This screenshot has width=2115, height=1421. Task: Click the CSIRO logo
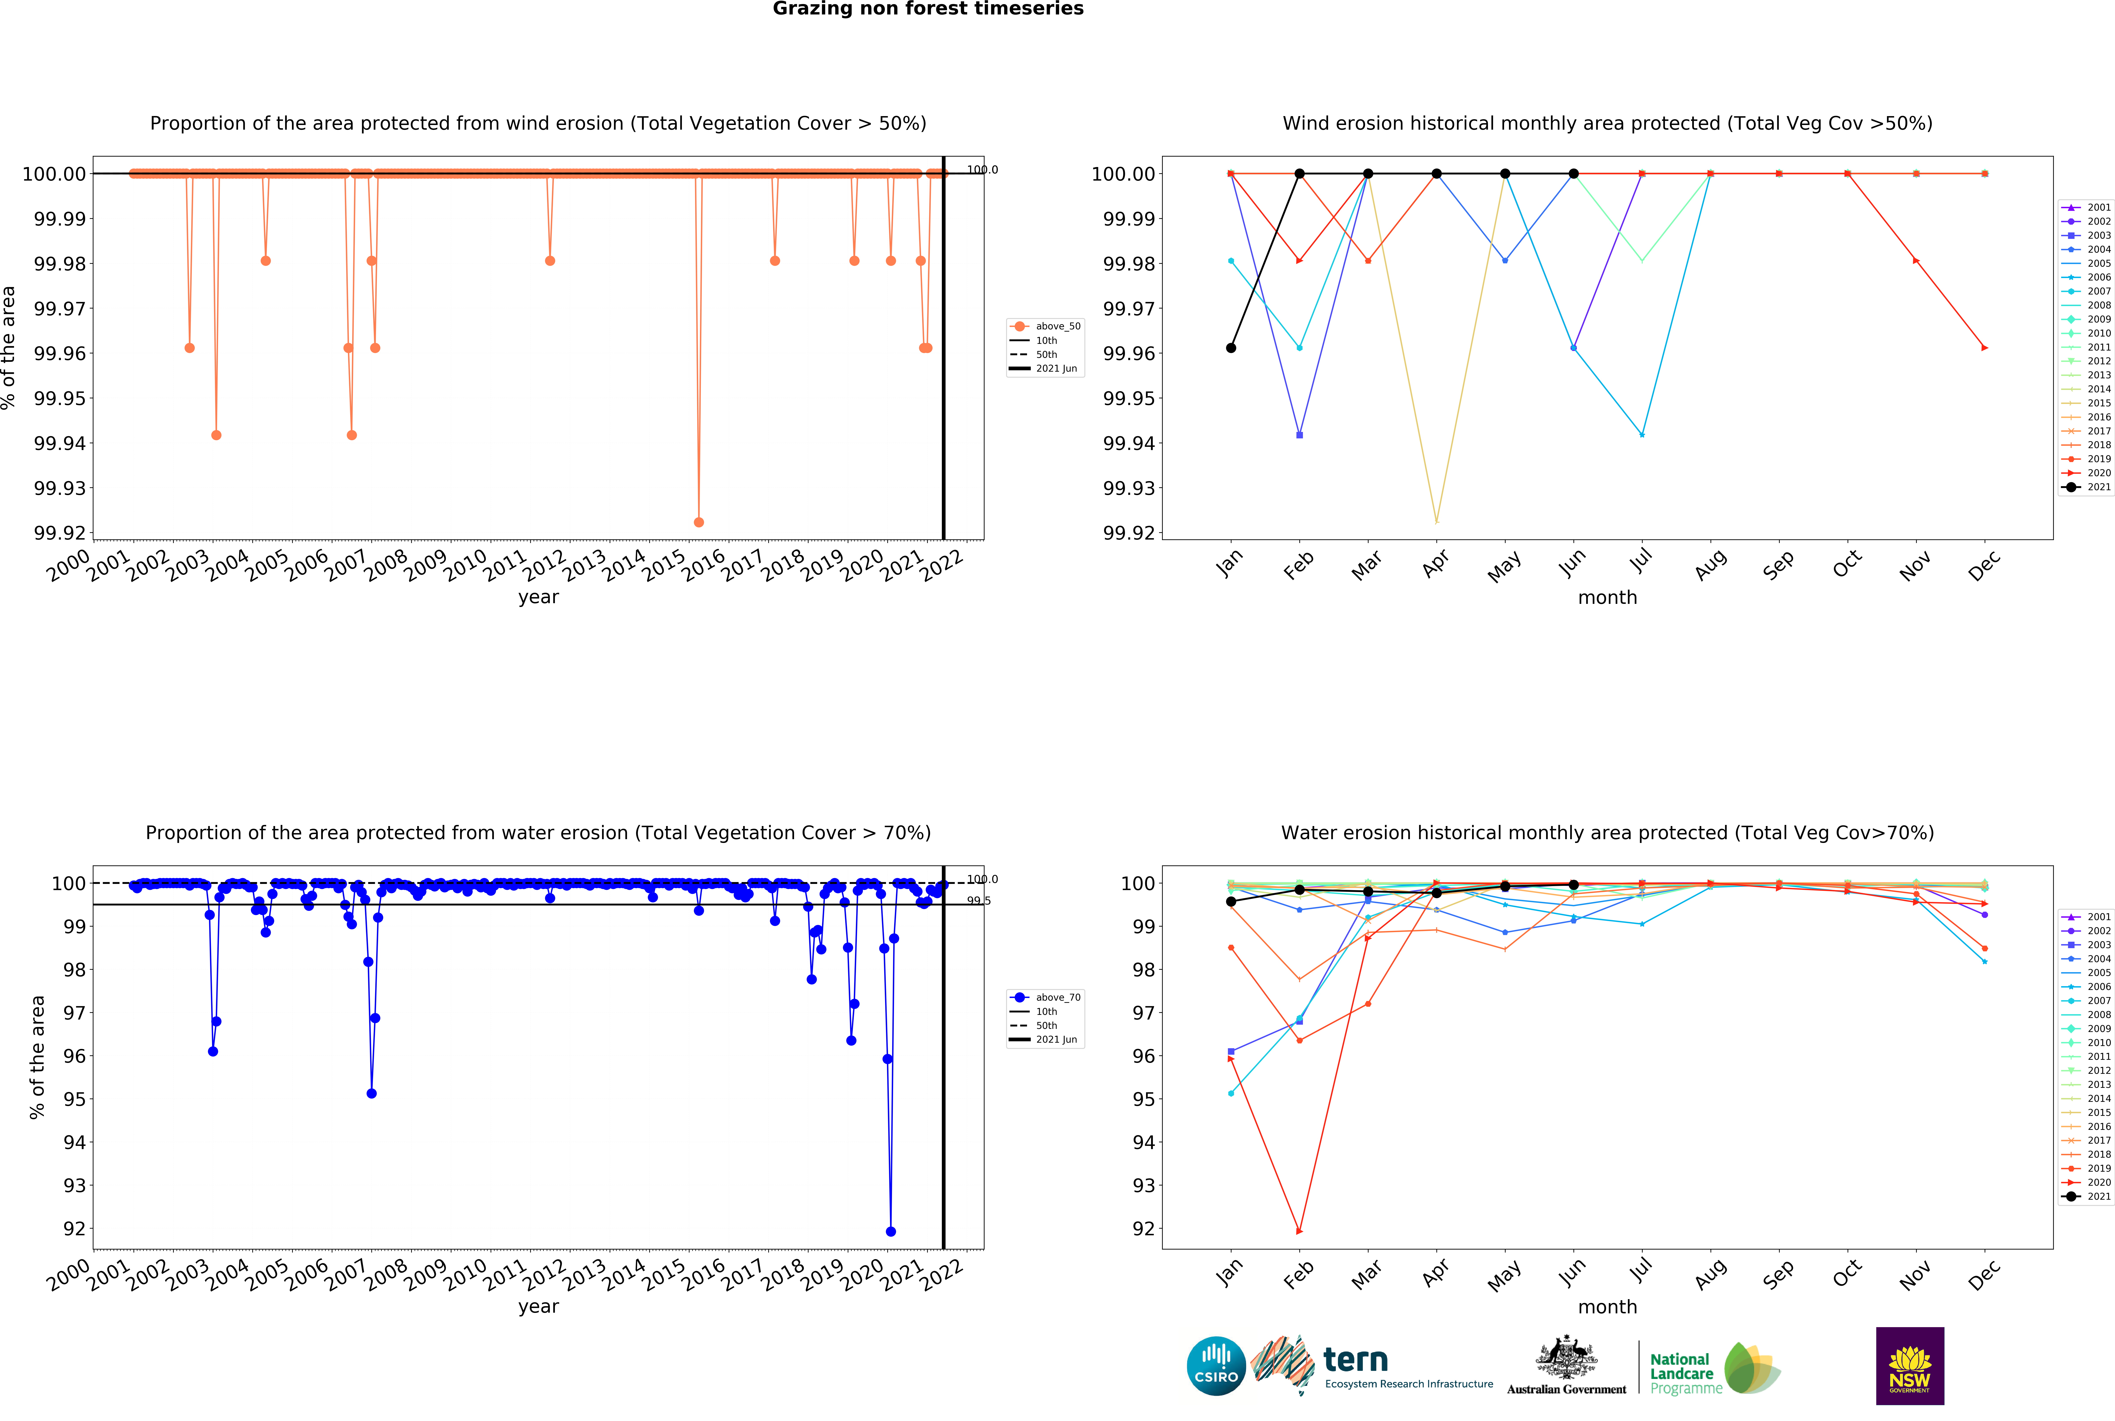click(x=1216, y=1366)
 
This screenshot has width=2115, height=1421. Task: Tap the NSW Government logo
click(x=1909, y=1366)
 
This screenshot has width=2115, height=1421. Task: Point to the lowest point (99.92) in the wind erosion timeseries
click(x=698, y=522)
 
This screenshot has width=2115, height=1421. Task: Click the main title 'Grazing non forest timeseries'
click(x=927, y=9)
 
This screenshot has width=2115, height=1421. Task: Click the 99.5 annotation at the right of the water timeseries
click(x=978, y=901)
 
